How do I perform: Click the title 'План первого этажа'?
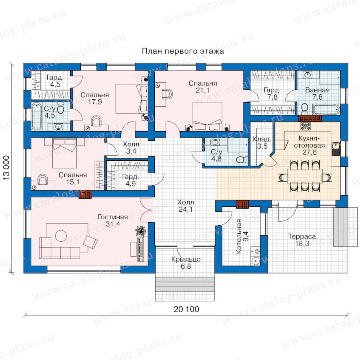tap(183, 51)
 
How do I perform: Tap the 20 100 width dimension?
tap(186, 309)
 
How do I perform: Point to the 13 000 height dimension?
tap(6, 168)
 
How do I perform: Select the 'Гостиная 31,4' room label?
tap(113, 220)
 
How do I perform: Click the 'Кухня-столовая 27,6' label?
tap(309, 145)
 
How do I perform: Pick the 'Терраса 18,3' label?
tap(302, 240)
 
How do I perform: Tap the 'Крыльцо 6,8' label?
tap(186, 263)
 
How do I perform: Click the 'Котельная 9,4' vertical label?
tap(242, 236)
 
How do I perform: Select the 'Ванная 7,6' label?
tap(317, 94)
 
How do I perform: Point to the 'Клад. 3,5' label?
tap(262, 142)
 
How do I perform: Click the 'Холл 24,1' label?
tap(186, 206)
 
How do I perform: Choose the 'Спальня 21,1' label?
tap(203, 86)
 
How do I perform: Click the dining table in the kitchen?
tap(305, 176)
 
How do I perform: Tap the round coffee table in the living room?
tap(61, 236)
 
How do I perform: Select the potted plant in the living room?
tap(140, 231)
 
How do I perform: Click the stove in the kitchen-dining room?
tap(306, 126)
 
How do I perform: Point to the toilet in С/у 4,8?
tap(242, 160)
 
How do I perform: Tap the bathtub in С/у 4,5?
tap(37, 116)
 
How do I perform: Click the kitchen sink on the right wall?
tap(336, 149)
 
